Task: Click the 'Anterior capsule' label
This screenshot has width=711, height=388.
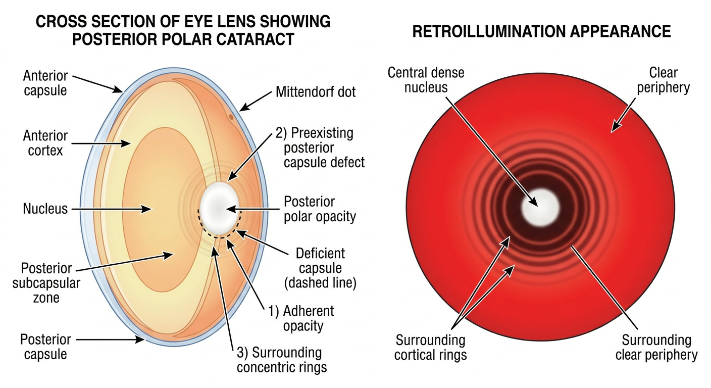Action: [45, 83]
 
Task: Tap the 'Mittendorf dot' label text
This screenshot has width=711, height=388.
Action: [316, 92]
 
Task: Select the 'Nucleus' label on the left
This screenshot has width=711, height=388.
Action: [45, 209]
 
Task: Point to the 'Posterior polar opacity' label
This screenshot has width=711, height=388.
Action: [320, 209]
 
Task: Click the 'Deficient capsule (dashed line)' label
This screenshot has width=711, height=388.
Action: [320, 268]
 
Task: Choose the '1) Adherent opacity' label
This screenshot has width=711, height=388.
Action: [301, 318]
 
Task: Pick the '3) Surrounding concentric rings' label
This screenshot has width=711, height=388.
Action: [282, 360]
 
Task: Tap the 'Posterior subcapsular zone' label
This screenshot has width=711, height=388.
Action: [46, 283]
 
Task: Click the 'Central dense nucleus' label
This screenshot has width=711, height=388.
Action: [426, 80]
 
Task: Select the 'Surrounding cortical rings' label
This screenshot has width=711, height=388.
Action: [430, 348]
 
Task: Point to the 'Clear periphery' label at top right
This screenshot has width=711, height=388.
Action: [664, 80]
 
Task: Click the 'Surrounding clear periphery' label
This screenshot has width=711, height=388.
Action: [656, 348]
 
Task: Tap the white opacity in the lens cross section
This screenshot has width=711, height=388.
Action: [219, 208]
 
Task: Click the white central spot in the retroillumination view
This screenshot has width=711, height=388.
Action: [540, 207]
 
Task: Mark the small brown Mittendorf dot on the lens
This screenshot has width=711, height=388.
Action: [231, 117]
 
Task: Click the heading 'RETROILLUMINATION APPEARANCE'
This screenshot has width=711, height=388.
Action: [541, 31]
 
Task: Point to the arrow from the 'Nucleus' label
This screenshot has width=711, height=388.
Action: [112, 209]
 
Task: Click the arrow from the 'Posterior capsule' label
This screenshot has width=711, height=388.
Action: [111, 339]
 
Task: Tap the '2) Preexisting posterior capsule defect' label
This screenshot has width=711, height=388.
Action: [320, 148]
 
